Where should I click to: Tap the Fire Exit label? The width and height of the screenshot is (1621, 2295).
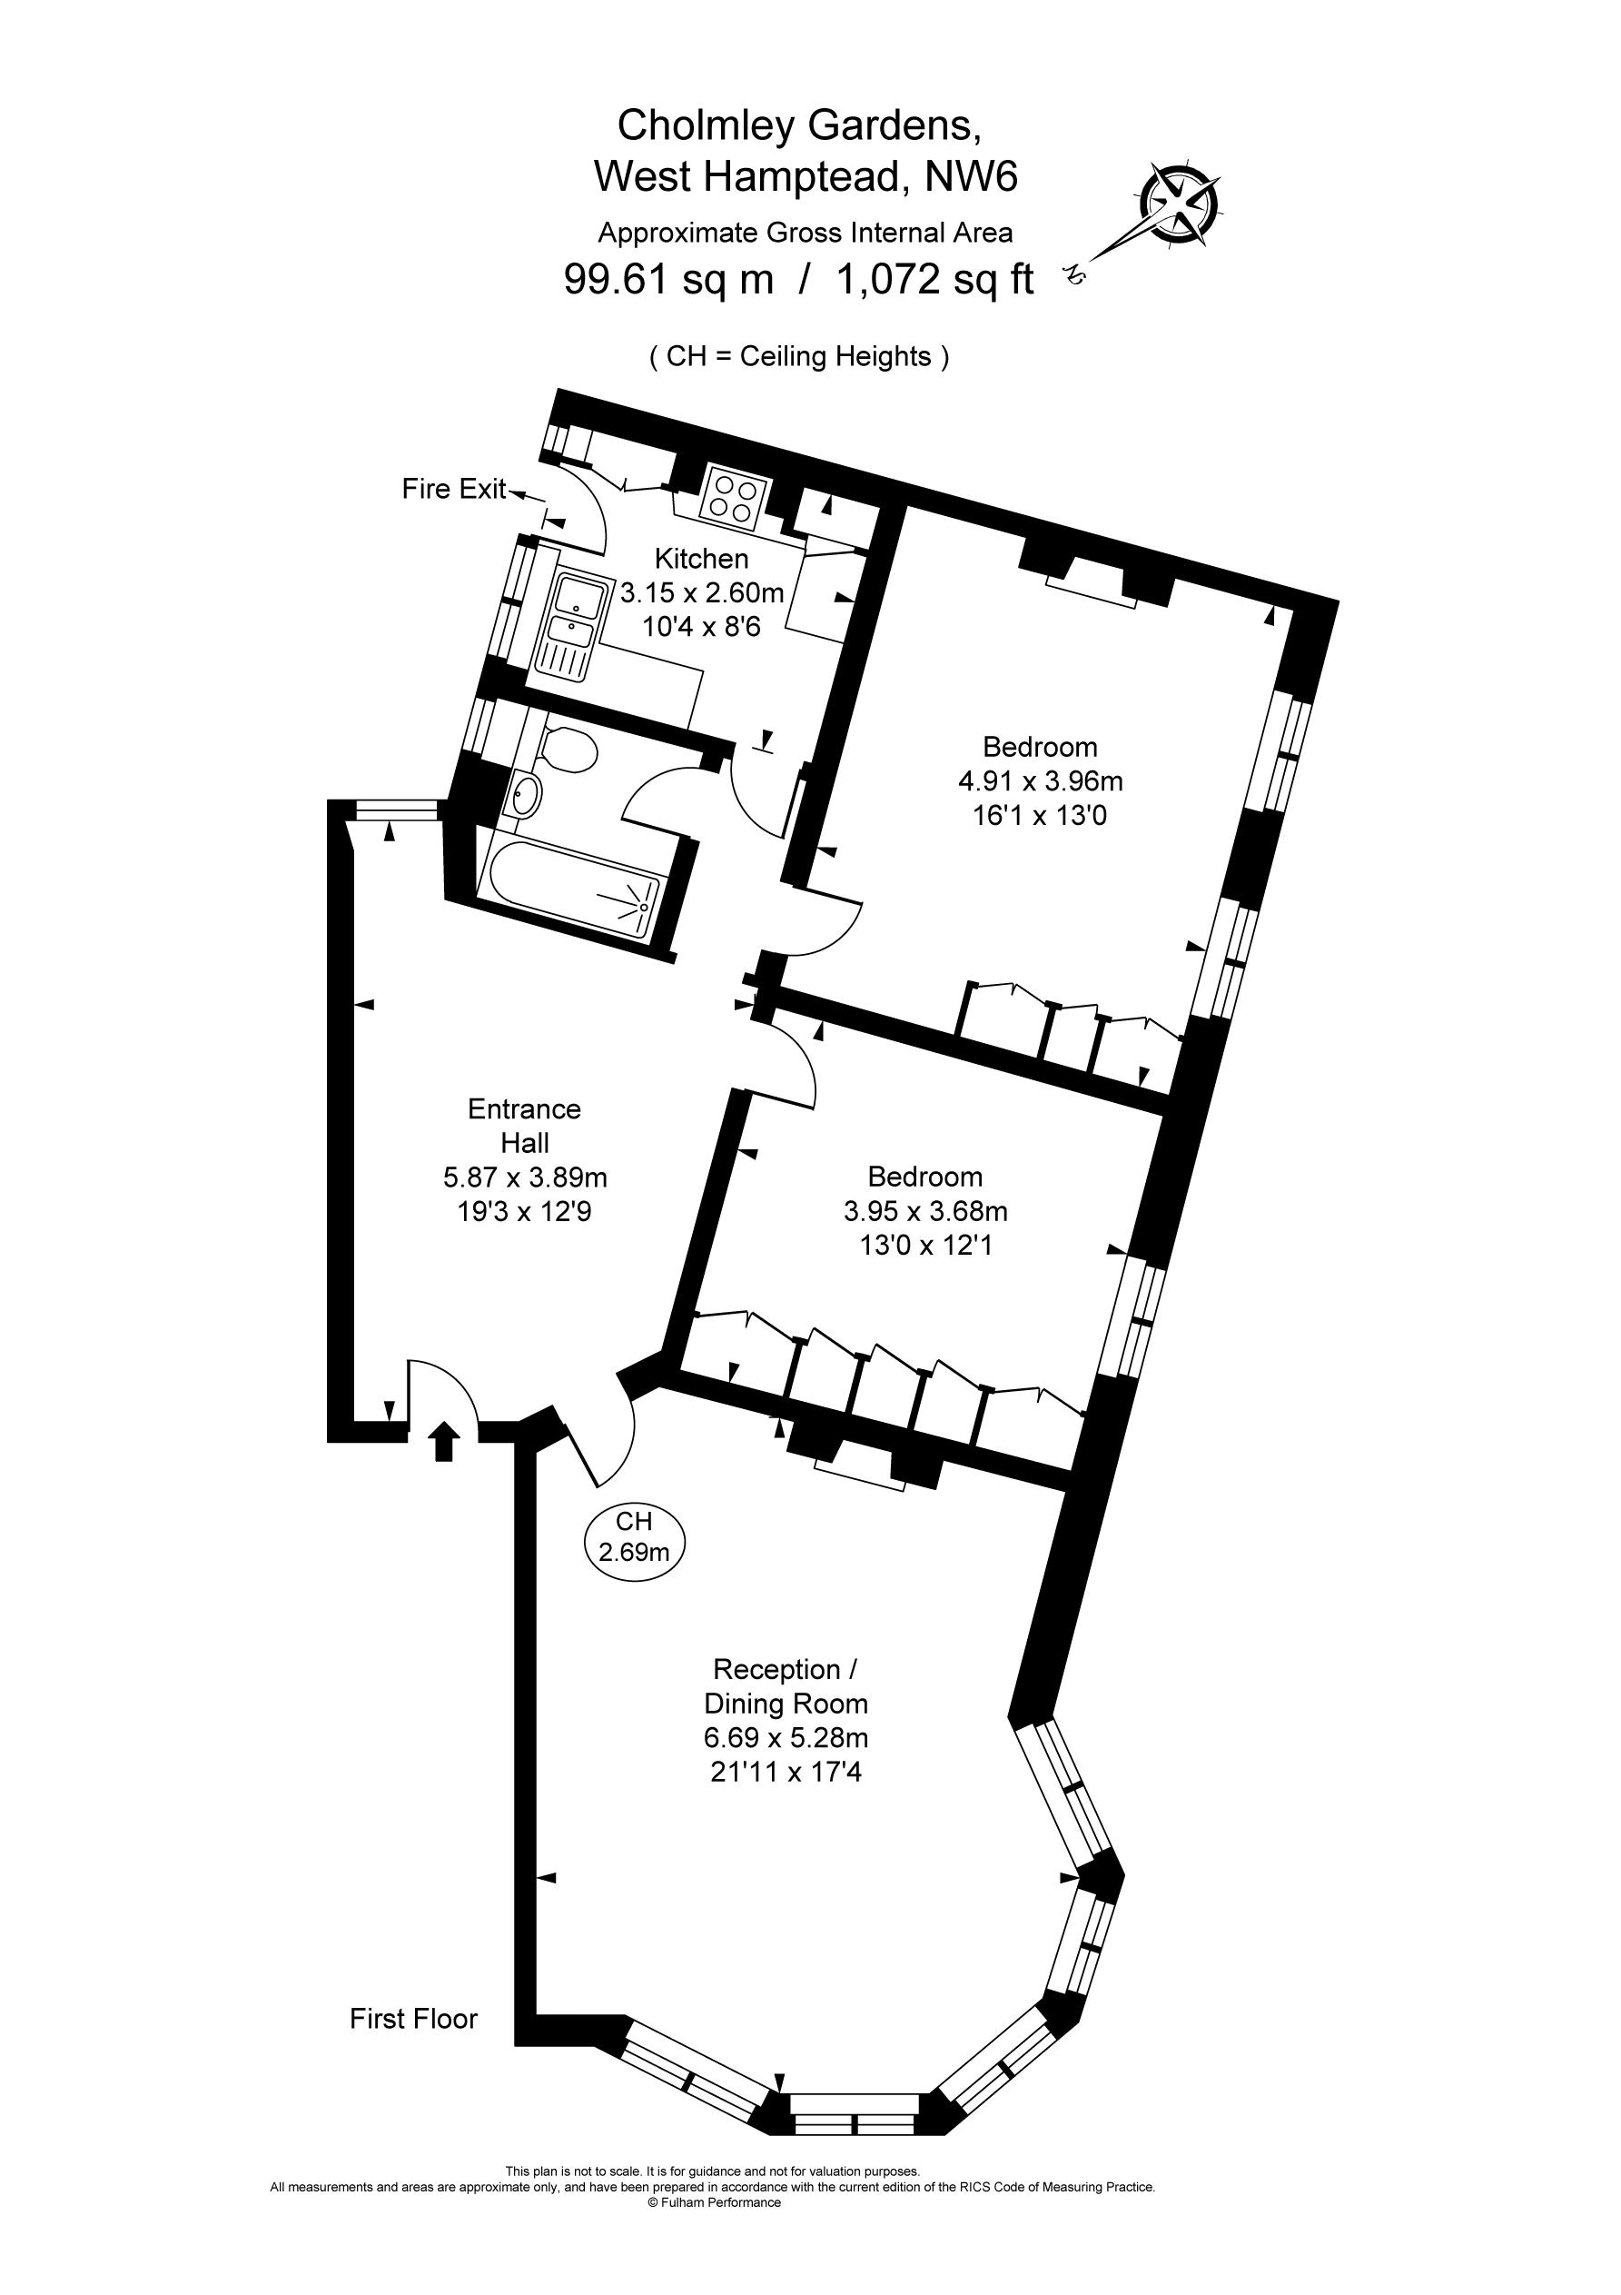tap(455, 489)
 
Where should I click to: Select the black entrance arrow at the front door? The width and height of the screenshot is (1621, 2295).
tap(444, 1444)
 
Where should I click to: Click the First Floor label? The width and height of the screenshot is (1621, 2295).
tap(414, 2019)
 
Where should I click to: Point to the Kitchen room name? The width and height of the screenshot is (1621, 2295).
tap(702, 559)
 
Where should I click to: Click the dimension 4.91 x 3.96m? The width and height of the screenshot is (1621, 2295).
tap(1041, 780)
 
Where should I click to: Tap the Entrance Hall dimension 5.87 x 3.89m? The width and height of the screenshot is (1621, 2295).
tap(525, 1177)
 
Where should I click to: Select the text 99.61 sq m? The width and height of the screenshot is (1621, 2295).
tap(668, 279)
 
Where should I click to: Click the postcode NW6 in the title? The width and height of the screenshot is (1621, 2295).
tap(972, 177)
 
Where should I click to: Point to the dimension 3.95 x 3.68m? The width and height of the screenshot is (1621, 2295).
tap(925, 1211)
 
